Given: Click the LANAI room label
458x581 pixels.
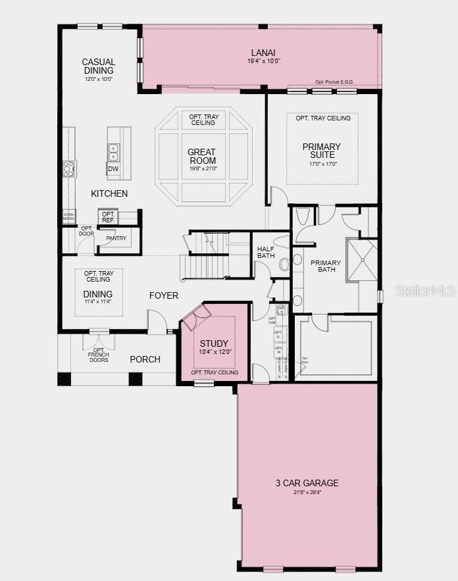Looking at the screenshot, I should pos(262,53).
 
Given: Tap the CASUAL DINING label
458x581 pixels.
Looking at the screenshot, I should pos(99,66).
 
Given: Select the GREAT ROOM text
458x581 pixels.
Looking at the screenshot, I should pos(202,156).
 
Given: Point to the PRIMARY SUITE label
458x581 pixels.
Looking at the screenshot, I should pos(321,151).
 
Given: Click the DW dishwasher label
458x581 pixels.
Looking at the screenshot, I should pos(113,169).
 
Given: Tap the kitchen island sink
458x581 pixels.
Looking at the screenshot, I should pos(113,153).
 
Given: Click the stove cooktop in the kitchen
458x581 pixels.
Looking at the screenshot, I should pos(69,168).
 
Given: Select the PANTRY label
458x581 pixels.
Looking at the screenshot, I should pos(116,238).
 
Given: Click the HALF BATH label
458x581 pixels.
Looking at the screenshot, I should pos(267,253).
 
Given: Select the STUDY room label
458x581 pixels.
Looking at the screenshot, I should pos(214,343).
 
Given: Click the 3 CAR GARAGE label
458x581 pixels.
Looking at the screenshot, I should pos(307,483).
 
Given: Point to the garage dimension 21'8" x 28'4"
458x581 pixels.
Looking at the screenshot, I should pos(307,492).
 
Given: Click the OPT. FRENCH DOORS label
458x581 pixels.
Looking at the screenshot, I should pos(98,356).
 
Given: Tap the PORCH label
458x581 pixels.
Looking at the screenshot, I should pos(145,359).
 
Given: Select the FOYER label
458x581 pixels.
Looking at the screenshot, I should pos(163,295).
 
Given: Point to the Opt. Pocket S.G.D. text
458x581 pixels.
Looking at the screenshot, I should pos(334,82).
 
